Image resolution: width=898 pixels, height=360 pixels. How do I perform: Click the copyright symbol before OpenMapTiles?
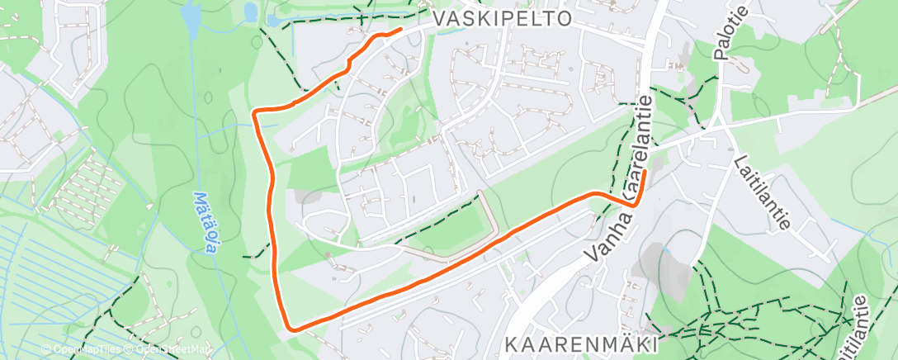coord(45,350)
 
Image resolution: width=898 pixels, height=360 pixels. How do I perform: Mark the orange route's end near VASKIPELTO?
coord(400,30)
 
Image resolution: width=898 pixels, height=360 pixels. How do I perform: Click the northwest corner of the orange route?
coord(255,111)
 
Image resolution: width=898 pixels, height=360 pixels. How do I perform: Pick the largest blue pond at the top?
coord(191,16)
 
